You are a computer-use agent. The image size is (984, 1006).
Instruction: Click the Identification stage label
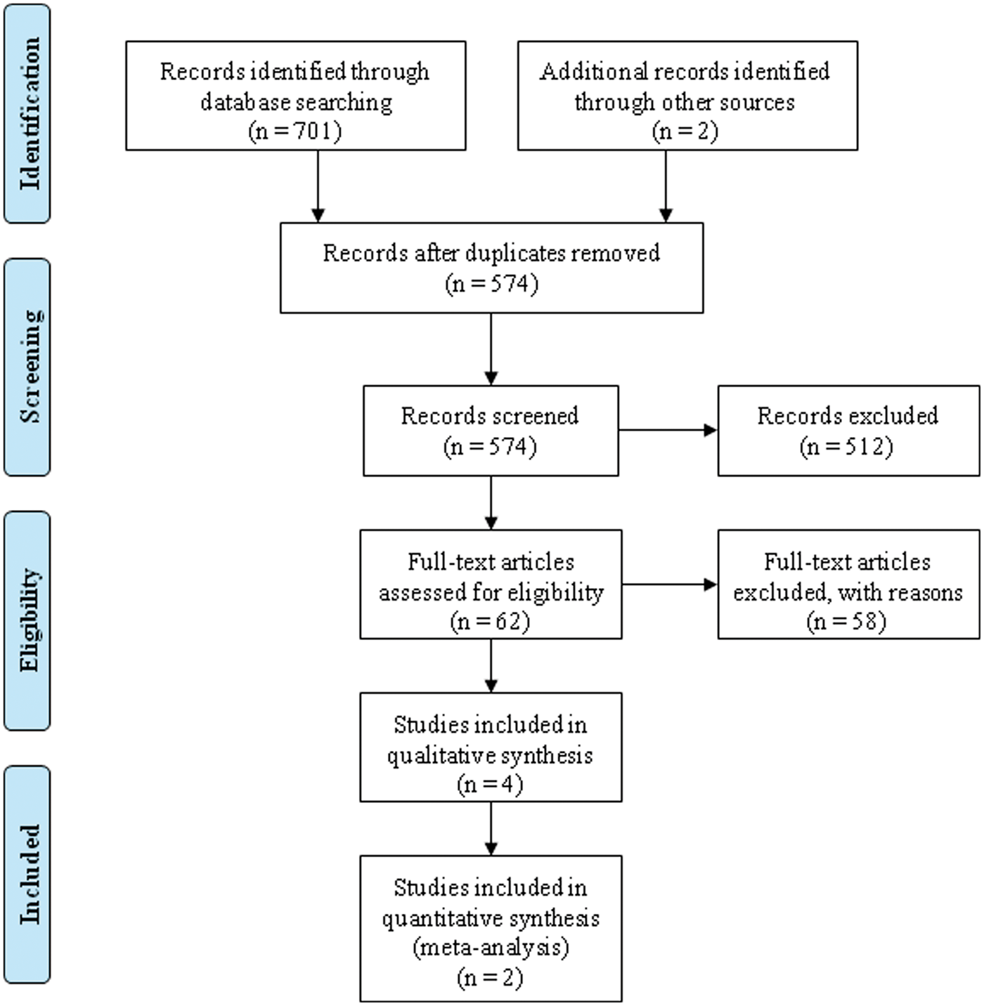tap(30, 114)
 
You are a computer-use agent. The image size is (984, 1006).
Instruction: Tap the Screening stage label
tap(30, 367)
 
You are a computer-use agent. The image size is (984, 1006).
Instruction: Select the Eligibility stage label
tap(30, 620)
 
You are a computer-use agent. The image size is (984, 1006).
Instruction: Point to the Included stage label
tap(30, 874)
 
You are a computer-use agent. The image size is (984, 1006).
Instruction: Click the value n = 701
tap(295, 131)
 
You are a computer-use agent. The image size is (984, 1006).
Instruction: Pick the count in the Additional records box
tap(685, 131)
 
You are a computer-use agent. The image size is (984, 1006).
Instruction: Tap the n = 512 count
tap(846, 447)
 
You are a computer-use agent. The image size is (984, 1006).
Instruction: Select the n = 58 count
tap(846, 621)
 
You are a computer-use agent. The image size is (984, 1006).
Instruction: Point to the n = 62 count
tap(490, 621)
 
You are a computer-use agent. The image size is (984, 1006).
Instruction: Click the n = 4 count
tap(490, 784)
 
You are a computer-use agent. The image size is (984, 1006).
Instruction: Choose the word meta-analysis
tap(491, 947)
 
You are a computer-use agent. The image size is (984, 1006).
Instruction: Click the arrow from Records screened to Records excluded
tap(668, 430)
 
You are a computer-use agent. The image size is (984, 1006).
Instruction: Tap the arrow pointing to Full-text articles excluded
tap(669, 584)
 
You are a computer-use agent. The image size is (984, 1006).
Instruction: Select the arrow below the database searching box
tap(318, 186)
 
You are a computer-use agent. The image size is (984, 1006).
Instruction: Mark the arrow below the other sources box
tap(666, 186)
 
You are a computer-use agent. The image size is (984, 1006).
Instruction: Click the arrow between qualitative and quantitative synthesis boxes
tap(491, 829)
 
